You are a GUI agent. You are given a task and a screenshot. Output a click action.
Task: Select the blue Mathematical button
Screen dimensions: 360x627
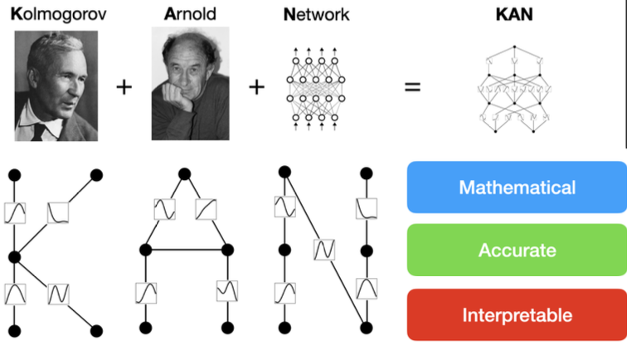pyautogui.click(x=516, y=187)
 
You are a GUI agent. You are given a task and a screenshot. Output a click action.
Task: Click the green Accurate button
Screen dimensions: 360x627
pyautogui.click(x=516, y=251)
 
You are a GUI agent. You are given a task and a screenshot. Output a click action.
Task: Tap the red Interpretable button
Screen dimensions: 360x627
pyautogui.click(x=516, y=315)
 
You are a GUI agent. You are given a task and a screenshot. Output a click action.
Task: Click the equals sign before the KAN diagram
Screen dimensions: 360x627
pyautogui.click(x=412, y=86)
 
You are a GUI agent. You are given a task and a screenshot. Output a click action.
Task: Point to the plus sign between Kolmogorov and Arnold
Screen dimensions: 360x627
pyautogui.click(x=124, y=86)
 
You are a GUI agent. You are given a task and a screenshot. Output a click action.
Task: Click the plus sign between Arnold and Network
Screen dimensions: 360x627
pyautogui.click(x=256, y=86)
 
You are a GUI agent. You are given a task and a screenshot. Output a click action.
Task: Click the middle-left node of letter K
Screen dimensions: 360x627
pyautogui.click(x=14, y=256)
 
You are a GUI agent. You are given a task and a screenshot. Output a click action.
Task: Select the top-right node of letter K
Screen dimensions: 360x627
pyautogui.click(x=97, y=175)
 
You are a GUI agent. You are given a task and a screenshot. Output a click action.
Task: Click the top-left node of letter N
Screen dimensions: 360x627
pyautogui.click(x=284, y=172)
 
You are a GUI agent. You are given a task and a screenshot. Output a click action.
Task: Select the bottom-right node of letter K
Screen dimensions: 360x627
pyautogui.click(x=97, y=330)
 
